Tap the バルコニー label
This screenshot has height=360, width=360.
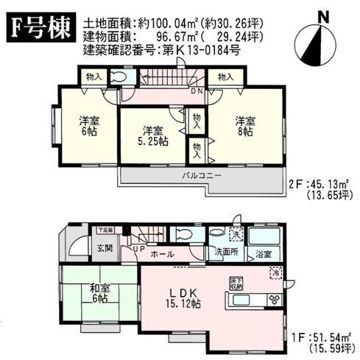[199, 177]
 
